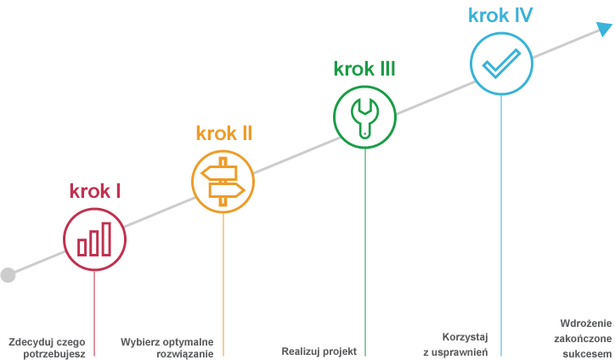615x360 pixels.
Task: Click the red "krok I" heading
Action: point(94,190)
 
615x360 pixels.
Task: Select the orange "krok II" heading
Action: point(224,133)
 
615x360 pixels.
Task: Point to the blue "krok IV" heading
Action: point(500,15)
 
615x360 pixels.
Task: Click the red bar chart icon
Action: point(94,239)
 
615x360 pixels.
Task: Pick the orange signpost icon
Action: point(223,180)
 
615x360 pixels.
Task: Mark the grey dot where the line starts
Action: point(8,274)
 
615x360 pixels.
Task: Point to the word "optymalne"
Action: point(187,342)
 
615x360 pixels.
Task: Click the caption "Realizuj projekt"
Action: point(319,351)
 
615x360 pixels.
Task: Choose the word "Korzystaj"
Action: point(464,336)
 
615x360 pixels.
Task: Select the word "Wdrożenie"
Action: point(585,323)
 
